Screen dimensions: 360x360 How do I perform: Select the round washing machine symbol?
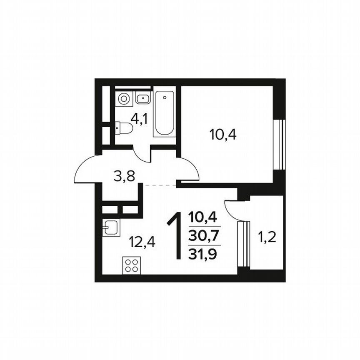(123, 99)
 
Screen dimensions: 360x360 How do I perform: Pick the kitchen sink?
(111, 227)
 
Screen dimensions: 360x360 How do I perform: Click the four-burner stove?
(132, 266)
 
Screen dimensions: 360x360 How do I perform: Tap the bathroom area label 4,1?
(139, 119)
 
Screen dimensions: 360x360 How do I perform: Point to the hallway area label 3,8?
(124, 176)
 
